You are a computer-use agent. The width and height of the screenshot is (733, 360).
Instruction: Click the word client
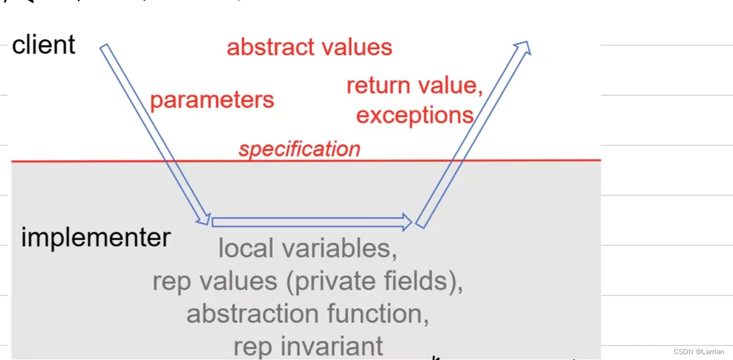[44, 45]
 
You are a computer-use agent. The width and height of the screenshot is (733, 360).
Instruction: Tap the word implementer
[96, 237]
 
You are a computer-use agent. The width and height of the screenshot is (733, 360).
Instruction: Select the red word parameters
[212, 100]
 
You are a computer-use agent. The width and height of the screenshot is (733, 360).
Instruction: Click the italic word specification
[299, 149]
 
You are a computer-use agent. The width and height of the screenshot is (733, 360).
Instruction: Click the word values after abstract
[360, 47]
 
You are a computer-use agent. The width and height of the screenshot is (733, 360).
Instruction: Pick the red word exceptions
[414, 115]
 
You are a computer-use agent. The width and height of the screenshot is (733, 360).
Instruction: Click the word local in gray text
[244, 249]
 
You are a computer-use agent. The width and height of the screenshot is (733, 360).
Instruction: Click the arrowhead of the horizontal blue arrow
[406, 221]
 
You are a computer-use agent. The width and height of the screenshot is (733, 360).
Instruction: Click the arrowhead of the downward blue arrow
[204, 218]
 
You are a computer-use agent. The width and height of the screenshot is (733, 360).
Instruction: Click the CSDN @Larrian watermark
[699, 352]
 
